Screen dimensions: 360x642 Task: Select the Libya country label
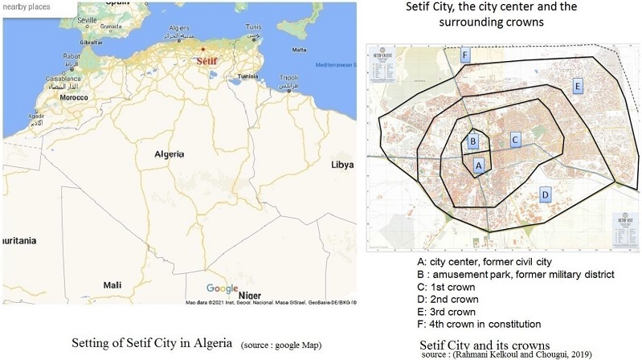[x=342, y=164]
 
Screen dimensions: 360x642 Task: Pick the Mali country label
[x=112, y=284]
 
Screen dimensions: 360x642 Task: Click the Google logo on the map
[x=222, y=288]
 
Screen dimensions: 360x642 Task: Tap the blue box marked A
[x=479, y=165]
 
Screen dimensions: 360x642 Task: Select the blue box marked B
[x=473, y=141]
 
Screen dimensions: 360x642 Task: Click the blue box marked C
[x=515, y=140]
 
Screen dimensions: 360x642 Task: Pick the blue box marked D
[x=545, y=194]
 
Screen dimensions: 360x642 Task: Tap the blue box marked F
[x=464, y=55]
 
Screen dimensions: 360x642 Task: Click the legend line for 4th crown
[x=479, y=323]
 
